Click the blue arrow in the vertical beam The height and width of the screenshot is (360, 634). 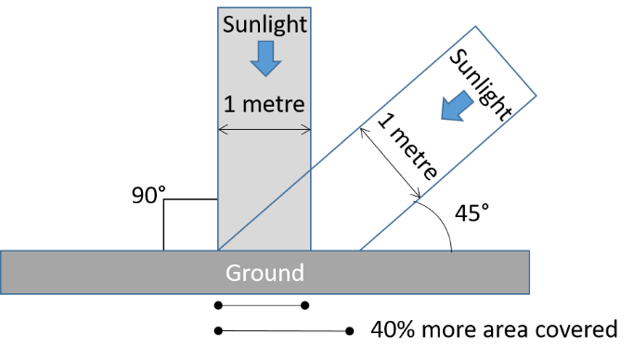tap(265, 59)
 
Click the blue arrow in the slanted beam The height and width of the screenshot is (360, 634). tap(454, 106)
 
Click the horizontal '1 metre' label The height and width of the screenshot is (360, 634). tap(264, 102)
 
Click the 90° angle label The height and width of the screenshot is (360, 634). tap(149, 195)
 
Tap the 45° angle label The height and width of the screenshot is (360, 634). tap(472, 212)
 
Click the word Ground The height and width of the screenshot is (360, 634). tap(265, 273)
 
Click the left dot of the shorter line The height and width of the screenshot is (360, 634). tap(218, 304)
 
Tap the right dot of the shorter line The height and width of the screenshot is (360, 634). tap(305, 304)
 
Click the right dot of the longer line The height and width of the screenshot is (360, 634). tap(350, 329)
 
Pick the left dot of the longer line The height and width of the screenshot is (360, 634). tap(218, 329)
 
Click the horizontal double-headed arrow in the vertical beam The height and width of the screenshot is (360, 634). tap(264, 127)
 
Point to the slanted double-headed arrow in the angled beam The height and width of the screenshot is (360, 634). tap(391, 163)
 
